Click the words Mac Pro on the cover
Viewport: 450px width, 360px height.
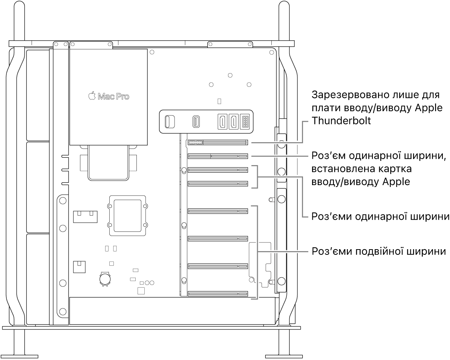pyautogui.click(x=113, y=97)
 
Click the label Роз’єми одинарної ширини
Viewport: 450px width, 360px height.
pyautogui.click(x=380, y=217)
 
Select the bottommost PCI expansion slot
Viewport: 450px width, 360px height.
pyautogui.click(x=218, y=293)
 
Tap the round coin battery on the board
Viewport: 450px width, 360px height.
pyautogui.click(x=105, y=278)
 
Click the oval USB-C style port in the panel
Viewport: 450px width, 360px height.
pyautogui.click(x=196, y=121)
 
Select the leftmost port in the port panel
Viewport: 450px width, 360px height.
pyautogui.click(x=170, y=121)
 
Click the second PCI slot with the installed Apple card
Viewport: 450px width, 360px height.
pyautogui.click(x=217, y=156)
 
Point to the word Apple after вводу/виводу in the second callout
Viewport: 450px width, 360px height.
pyautogui.click(x=396, y=182)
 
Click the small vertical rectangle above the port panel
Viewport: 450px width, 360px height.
pyautogui.click(x=220, y=101)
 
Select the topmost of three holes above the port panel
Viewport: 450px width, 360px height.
pyautogui.click(x=230, y=75)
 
